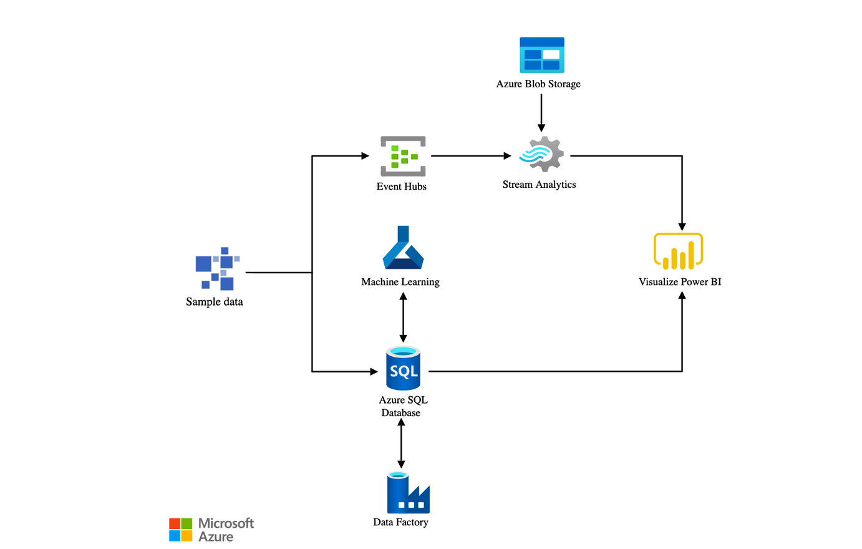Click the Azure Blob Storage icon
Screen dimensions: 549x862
[x=541, y=55]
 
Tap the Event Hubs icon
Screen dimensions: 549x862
[x=403, y=156]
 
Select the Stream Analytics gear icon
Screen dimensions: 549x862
[x=541, y=154]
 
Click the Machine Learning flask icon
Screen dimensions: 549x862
[x=403, y=248]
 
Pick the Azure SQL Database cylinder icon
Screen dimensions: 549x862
[x=403, y=369]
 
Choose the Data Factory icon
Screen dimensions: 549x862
[x=408, y=493]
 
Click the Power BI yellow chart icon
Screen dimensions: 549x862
[x=678, y=251]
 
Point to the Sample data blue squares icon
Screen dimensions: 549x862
[x=217, y=269]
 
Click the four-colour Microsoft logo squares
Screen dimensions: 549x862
[x=180, y=530]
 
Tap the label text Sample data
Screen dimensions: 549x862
[x=214, y=302]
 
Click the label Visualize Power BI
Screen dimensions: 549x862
[x=679, y=282]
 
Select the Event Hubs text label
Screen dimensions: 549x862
[x=401, y=187]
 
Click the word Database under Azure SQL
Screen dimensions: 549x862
[x=400, y=413]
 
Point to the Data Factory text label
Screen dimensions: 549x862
[x=400, y=522]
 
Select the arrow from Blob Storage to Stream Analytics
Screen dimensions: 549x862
[x=541, y=112]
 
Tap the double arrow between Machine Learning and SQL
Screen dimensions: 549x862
[x=403, y=318]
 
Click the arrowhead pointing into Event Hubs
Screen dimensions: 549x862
[x=365, y=156]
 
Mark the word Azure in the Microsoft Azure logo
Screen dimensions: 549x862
[x=216, y=537]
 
